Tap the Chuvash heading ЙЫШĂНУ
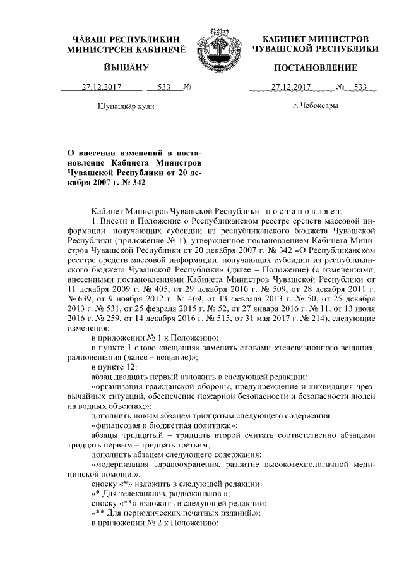124,68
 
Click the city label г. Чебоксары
316,106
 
